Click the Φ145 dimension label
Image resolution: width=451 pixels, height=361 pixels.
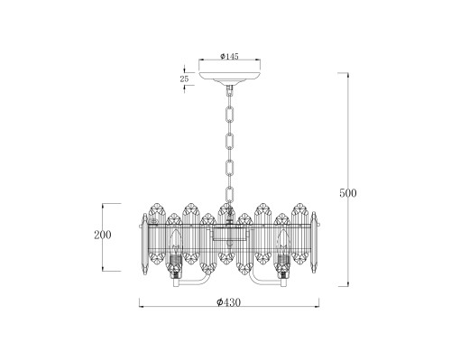229,56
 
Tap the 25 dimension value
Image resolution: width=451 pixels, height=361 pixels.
184,79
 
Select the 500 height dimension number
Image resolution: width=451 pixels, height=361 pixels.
348,193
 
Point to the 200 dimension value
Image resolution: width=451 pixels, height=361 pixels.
103,235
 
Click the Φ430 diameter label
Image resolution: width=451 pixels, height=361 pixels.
228,302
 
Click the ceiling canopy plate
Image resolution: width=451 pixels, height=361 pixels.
230,76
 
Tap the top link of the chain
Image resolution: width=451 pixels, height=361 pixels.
230,89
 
